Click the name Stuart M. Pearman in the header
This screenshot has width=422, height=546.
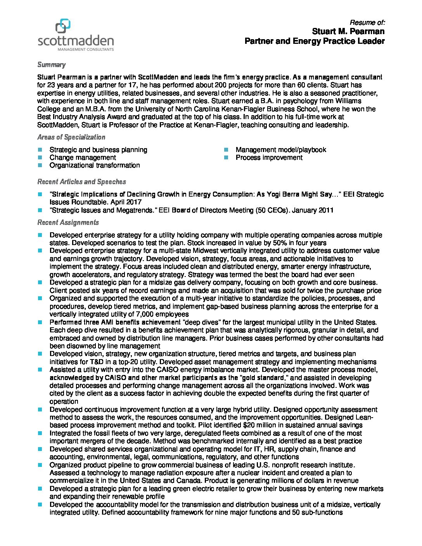(x=348, y=31)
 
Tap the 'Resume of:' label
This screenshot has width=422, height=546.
(x=367, y=22)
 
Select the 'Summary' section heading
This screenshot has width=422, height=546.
(x=51, y=65)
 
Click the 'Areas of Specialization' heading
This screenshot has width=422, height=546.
(x=71, y=137)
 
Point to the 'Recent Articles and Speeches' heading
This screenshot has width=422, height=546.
(x=81, y=182)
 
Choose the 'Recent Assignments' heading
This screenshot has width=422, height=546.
(x=68, y=223)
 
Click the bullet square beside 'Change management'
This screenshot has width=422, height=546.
(x=40, y=157)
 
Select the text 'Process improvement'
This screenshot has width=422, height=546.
(x=269, y=157)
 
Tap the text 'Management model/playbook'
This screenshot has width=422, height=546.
(x=281, y=150)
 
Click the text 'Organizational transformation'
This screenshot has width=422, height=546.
(x=95, y=165)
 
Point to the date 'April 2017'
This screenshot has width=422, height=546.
(x=126, y=202)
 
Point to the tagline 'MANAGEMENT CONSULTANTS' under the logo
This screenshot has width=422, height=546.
(x=86, y=50)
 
